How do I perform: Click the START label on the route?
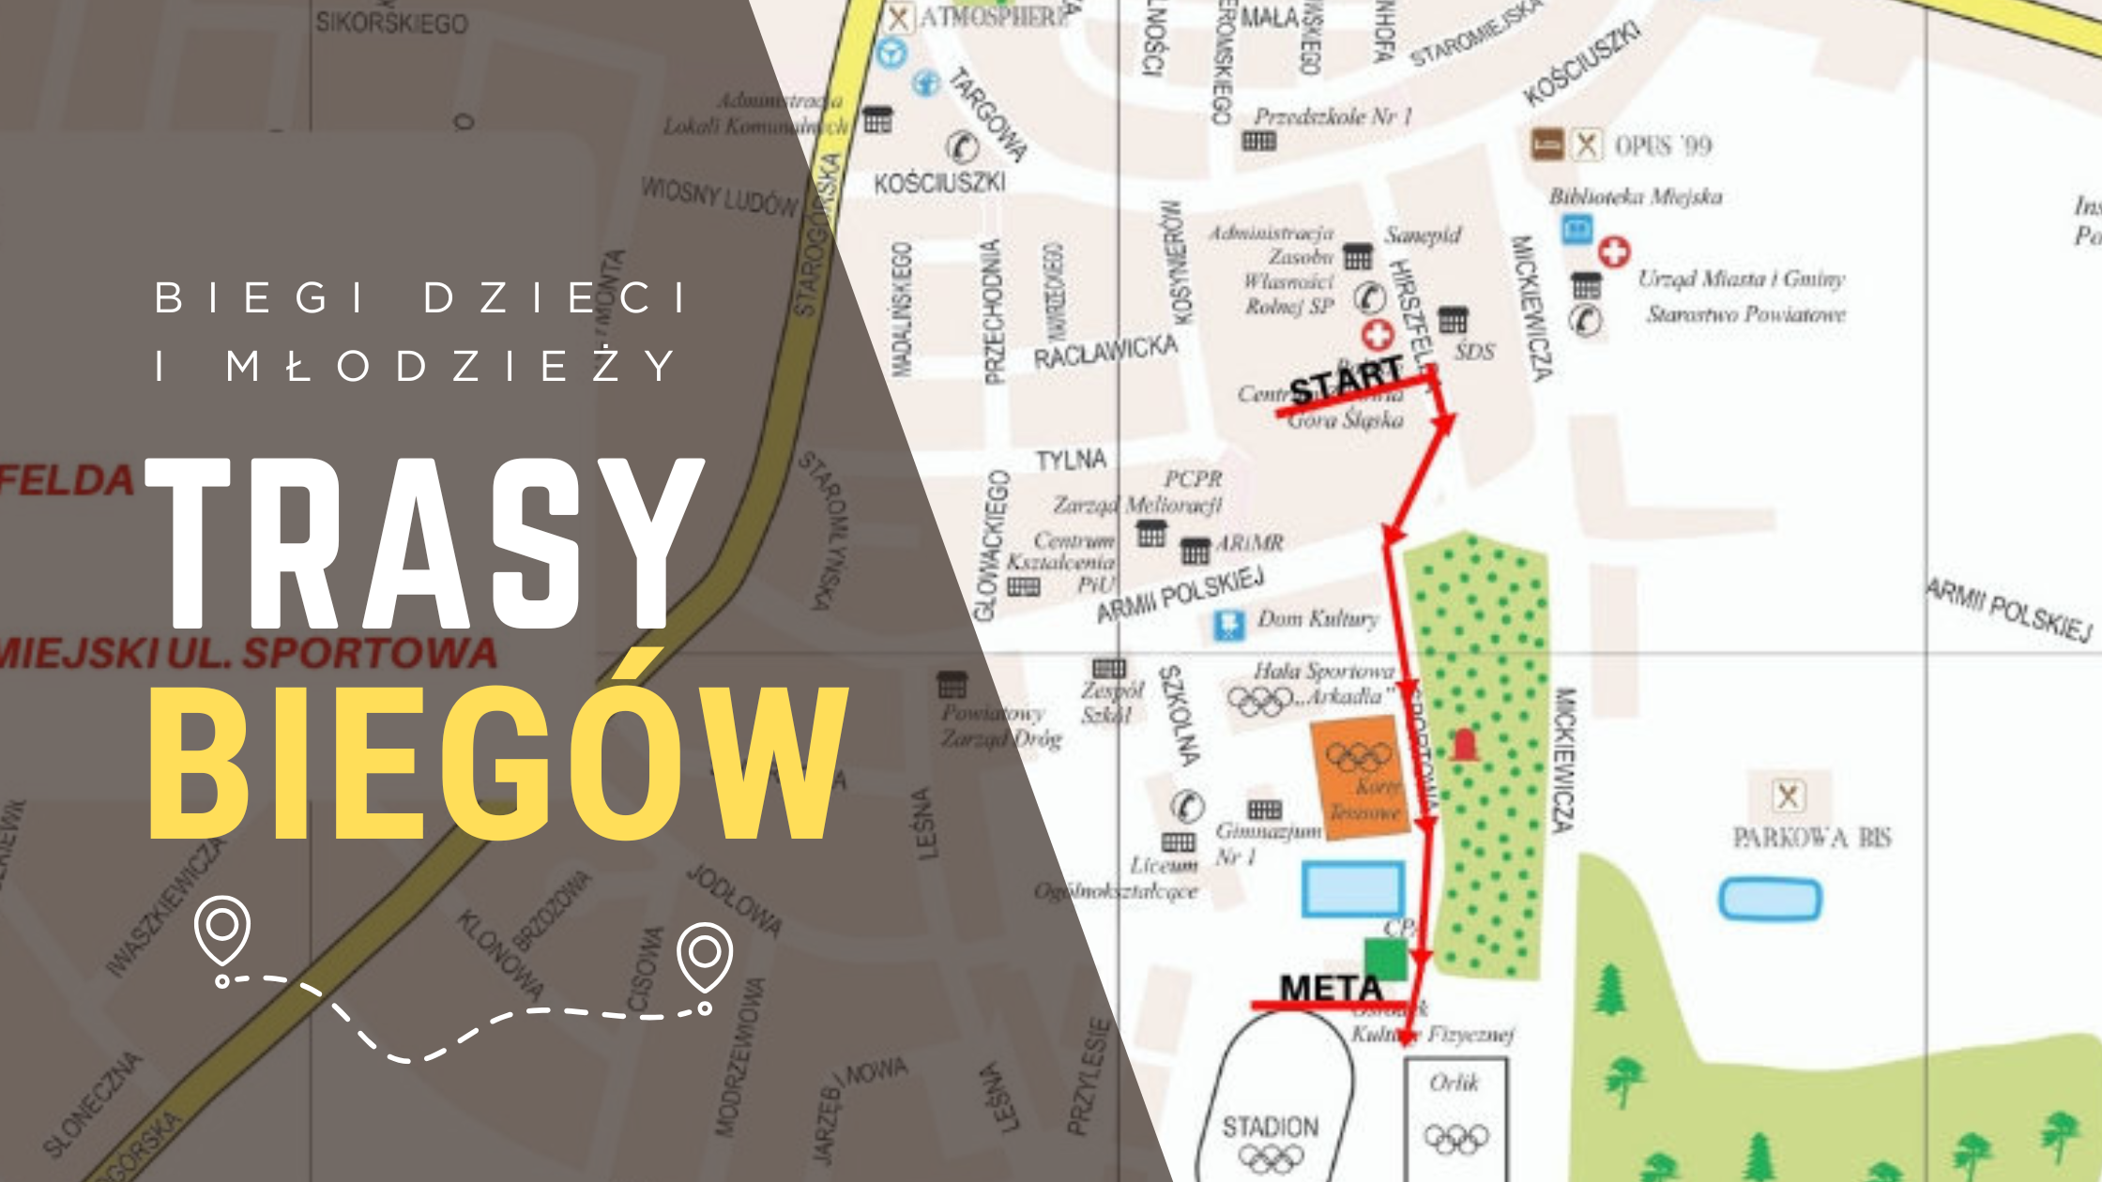pyautogui.click(x=1346, y=380)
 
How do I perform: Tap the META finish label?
pyautogui.click(x=1331, y=988)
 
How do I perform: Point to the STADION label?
pyautogui.click(x=1270, y=1126)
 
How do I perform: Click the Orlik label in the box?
pyautogui.click(x=1454, y=1083)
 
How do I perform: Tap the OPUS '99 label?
pyautogui.click(x=1663, y=145)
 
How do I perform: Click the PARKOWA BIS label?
pyautogui.click(x=1811, y=837)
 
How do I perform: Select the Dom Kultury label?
pyautogui.click(x=1318, y=618)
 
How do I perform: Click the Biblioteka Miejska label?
pyautogui.click(x=1636, y=196)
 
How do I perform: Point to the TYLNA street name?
pyautogui.click(x=1071, y=460)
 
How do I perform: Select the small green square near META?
pyautogui.click(x=1385, y=960)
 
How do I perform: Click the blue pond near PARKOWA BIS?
pyautogui.click(x=1770, y=899)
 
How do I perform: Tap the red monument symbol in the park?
pyautogui.click(x=1464, y=745)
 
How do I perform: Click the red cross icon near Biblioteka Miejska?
pyautogui.click(x=1614, y=251)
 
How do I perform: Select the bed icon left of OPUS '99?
pyautogui.click(x=1546, y=144)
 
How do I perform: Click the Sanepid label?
pyautogui.click(x=1423, y=235)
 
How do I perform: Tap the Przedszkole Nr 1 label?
pyautogui.click(x=1333, y=116)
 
